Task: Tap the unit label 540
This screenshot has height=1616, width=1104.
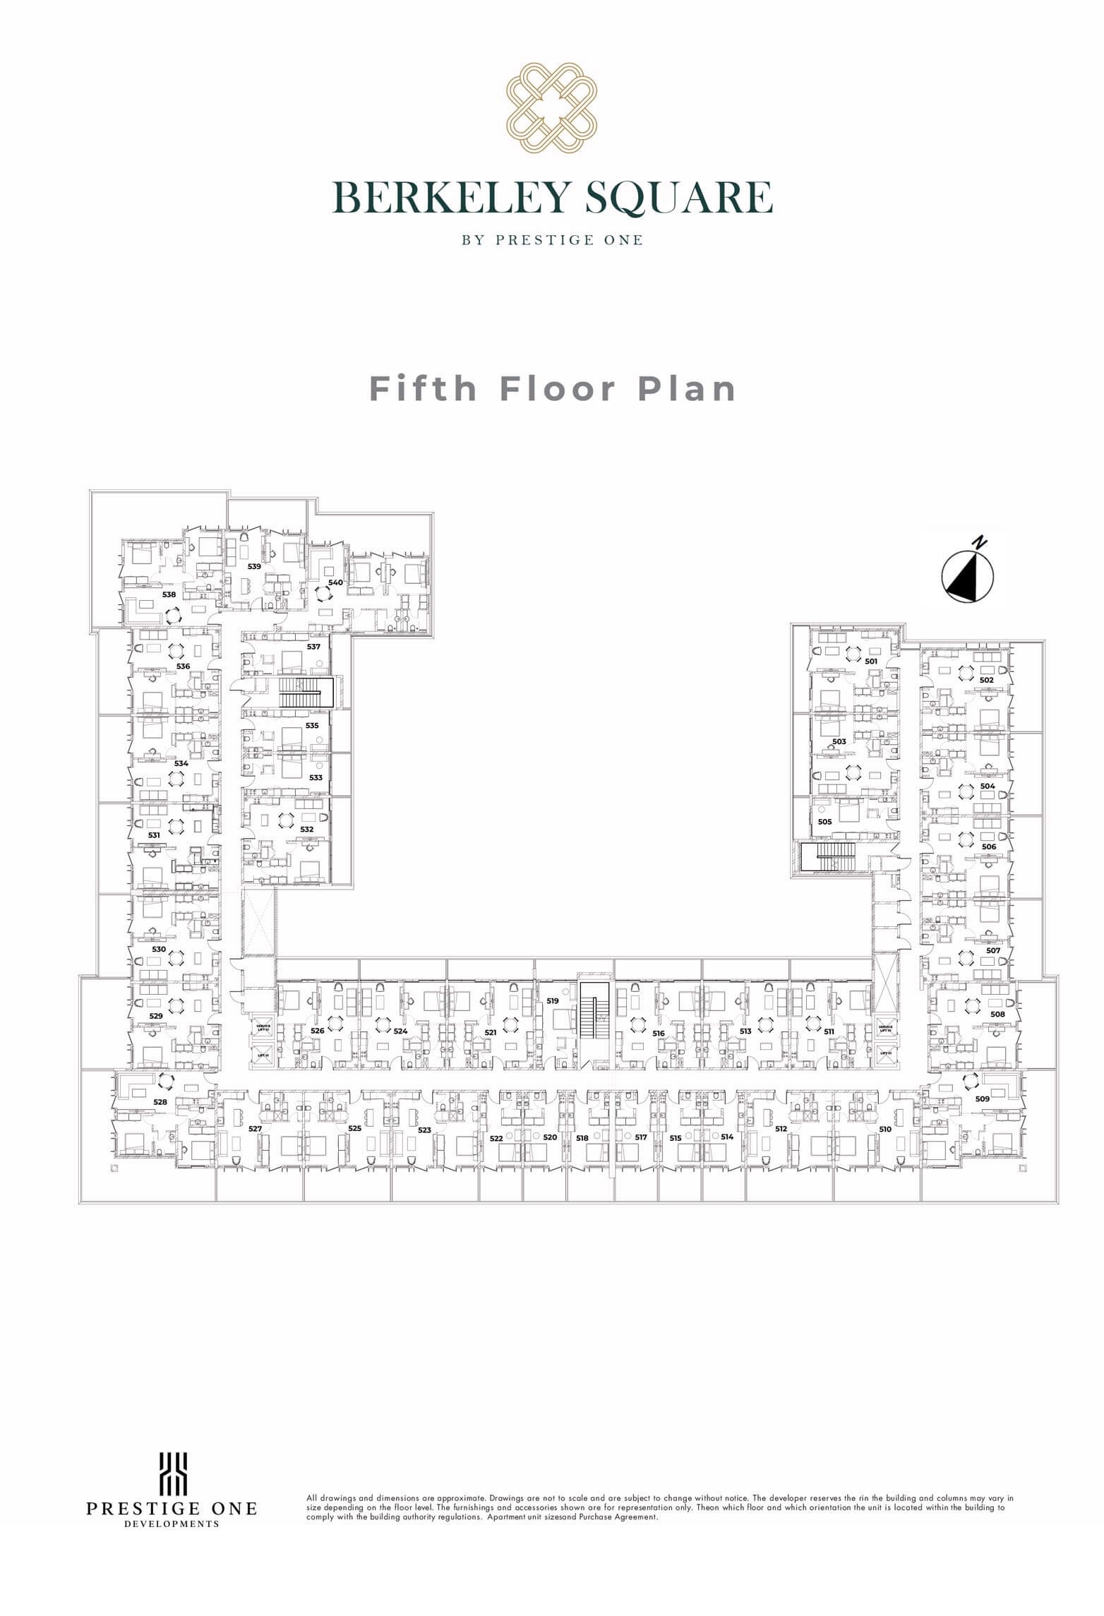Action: click(335, 582)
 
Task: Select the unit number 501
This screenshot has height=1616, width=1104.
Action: click(871, 662)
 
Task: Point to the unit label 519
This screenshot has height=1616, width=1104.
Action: click(553, 1001)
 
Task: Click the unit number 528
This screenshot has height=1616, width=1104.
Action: click(160, 1102)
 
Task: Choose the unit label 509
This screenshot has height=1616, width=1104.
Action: click(982, 1099)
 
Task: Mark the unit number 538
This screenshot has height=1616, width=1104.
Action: click(169, 594)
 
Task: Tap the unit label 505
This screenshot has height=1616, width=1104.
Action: click(824, 822)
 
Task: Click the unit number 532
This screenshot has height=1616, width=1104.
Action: click(306, 830)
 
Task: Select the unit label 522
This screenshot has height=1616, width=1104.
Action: click(496, 1138)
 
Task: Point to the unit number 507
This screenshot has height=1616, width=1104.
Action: click(993, 950)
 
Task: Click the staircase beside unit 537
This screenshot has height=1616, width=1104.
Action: click(306, 693)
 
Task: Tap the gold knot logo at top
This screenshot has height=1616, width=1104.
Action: click(552, 107)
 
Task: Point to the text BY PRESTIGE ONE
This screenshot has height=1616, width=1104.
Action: click(552, 240)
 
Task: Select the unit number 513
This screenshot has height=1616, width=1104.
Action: click(745, 1031)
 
